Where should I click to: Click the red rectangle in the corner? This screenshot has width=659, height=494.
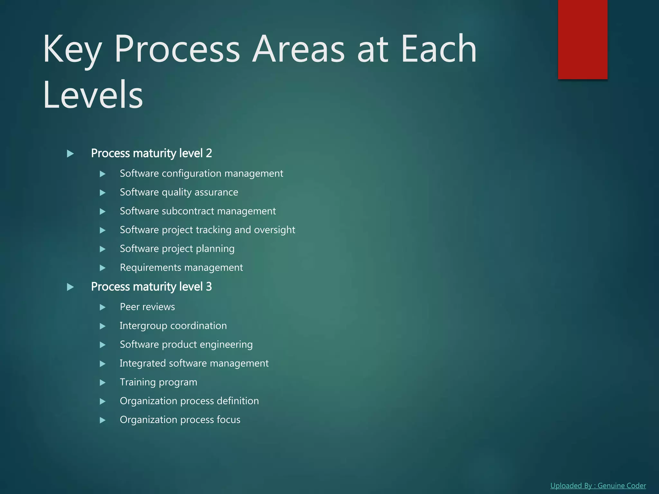point(582,39)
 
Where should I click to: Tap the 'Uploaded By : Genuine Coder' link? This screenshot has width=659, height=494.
point(598,486)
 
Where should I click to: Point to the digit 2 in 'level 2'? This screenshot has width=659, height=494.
point(209,153)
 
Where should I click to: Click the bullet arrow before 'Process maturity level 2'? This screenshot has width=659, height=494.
point(70,154)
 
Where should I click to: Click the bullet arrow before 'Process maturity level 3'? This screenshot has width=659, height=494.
point(70,287)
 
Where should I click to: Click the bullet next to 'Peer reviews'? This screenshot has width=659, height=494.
point(103,307)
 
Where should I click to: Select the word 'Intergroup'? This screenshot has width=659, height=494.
point(144,326)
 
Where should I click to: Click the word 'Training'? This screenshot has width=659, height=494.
point(138,382)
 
